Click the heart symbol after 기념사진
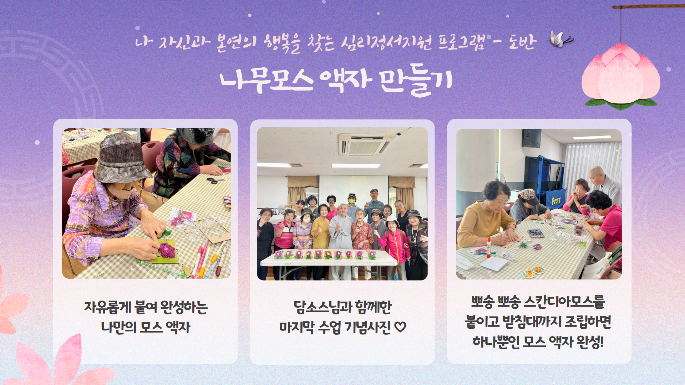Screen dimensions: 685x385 [400, 327]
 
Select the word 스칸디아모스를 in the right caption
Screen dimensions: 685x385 [564, 302]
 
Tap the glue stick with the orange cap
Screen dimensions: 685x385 [488, 247]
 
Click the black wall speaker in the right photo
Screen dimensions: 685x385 [531, 138]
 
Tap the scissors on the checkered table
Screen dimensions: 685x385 [216, 180]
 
